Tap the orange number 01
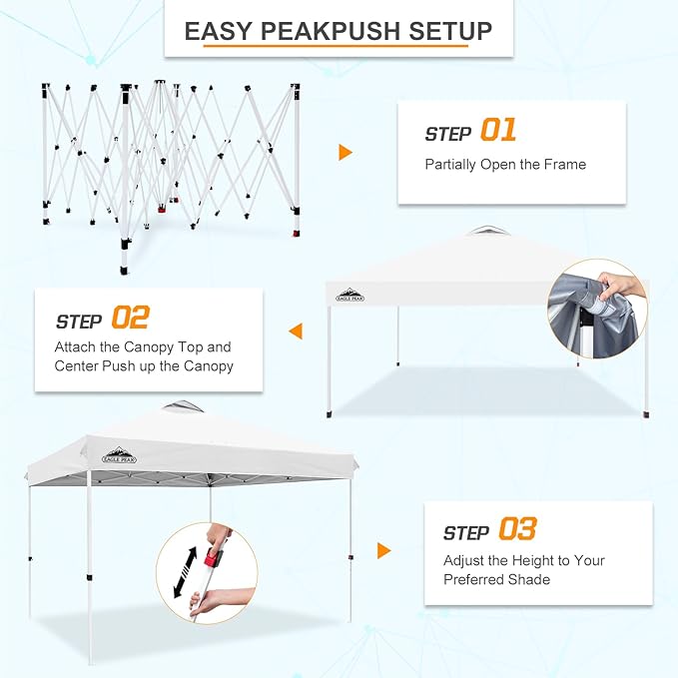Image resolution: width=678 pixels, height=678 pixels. pyautogui.click(x=498, y=131)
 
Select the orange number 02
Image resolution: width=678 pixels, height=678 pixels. pyautogui.click(x=130, y=319)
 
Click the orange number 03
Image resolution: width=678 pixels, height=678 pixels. pyautogui.click(x=516, y=530)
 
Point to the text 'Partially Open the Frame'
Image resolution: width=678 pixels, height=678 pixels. pyautogui.click(x=505, y=165)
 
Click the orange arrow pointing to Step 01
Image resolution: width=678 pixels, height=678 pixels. pyautogui.click(x=345, y=152)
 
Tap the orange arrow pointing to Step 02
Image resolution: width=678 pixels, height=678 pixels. pyautogui.click(x=296, y=331)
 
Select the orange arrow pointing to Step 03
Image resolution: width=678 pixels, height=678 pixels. pyautogui.click(x=383, y=550)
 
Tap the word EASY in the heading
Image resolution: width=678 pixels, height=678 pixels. pyautogui.click(x=217, y=31)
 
